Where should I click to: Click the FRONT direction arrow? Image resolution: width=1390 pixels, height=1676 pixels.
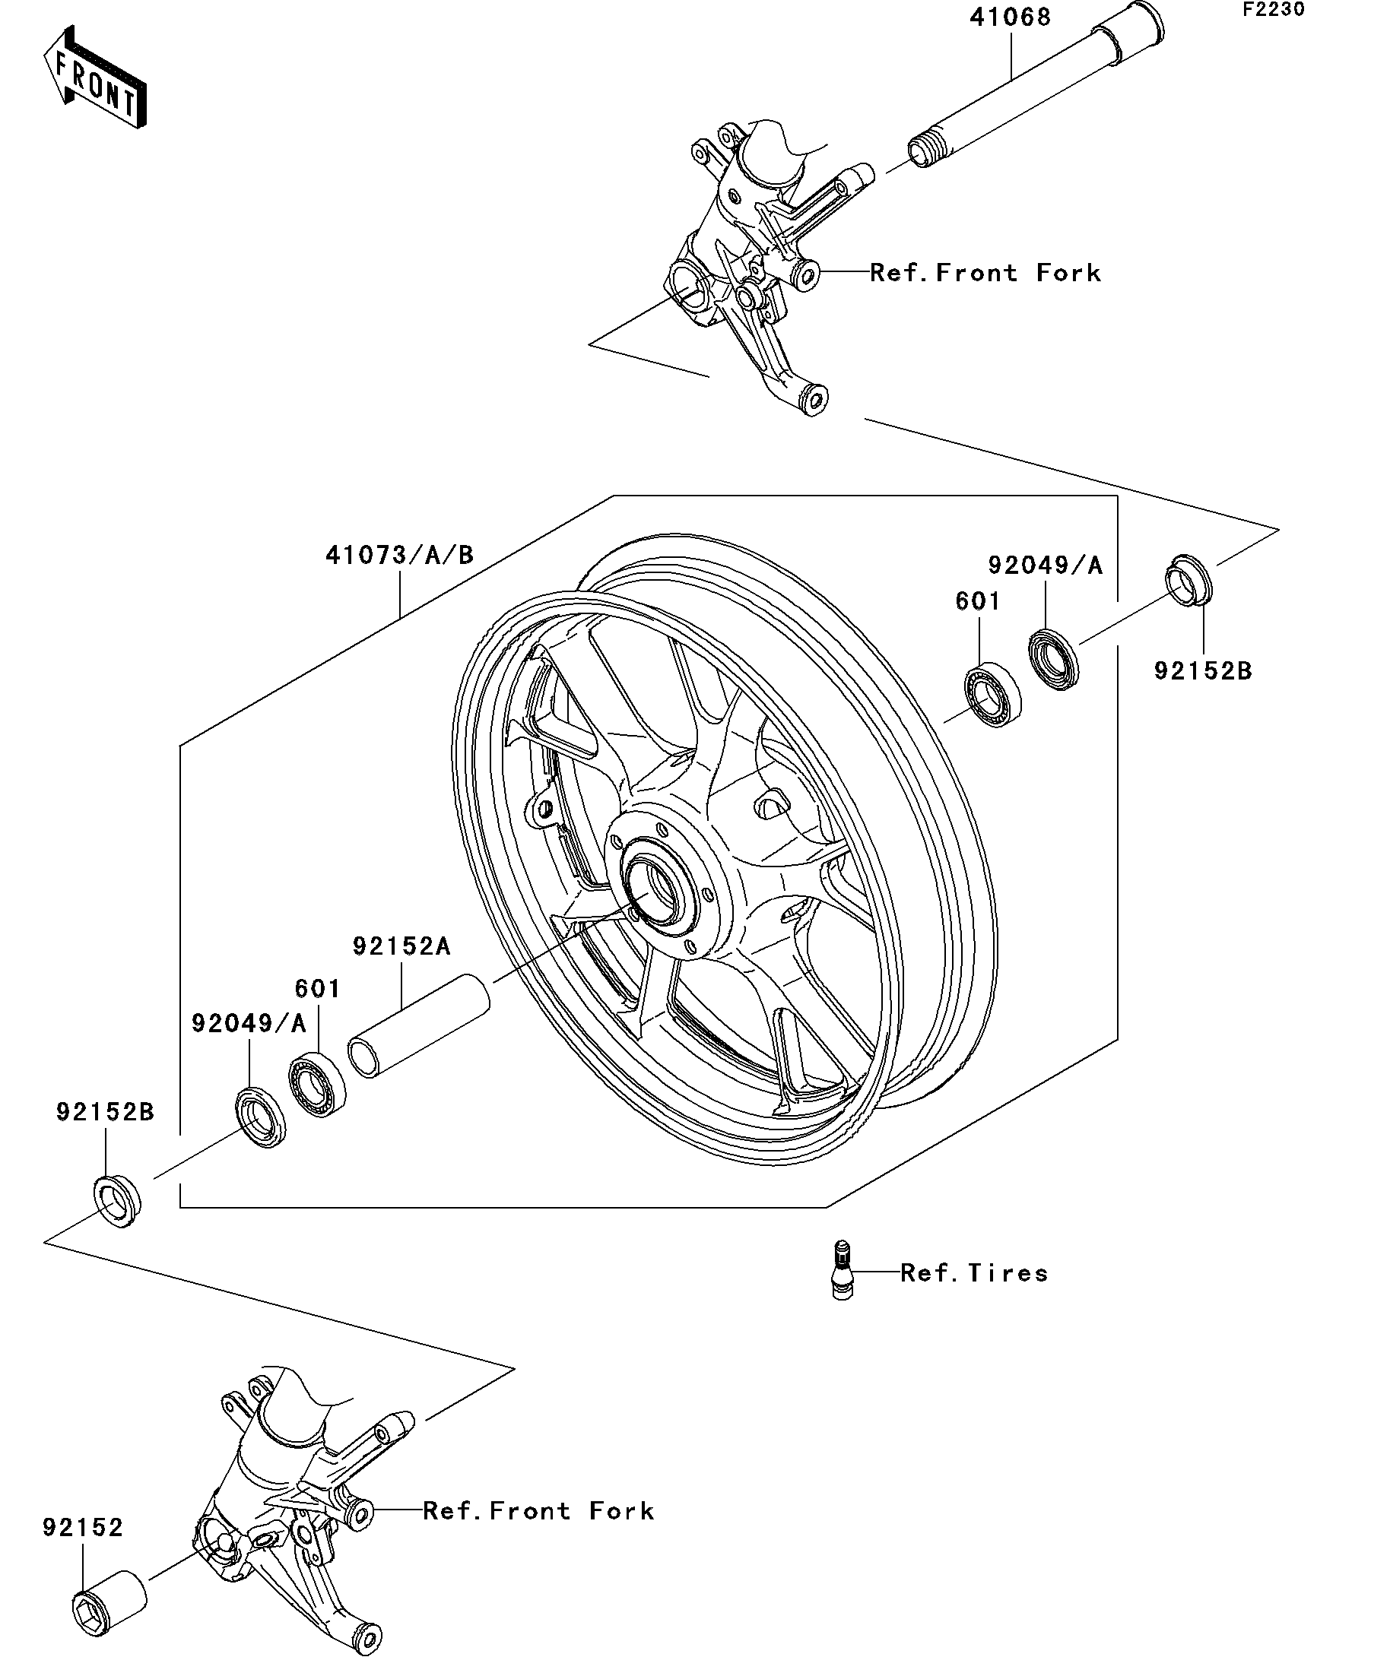(94, 79)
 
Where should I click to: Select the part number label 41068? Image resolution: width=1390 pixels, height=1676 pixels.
(1010, 17)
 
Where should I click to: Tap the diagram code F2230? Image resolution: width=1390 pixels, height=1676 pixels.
(1273, 10)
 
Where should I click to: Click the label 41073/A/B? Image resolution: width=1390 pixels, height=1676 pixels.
(399, 555)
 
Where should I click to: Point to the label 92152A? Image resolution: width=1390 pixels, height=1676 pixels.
(401, 946)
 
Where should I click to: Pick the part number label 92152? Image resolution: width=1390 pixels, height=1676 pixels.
(83, 1528)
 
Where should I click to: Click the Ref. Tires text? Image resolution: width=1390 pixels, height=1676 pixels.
(974, 1272)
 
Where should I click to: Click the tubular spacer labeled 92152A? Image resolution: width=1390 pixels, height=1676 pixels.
(419, 1026)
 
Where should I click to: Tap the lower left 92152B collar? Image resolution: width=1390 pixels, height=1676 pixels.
(118, 1199)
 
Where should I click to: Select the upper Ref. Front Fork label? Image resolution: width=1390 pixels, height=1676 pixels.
(985, 273)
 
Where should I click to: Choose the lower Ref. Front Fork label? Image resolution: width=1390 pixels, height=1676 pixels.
(538, 1511)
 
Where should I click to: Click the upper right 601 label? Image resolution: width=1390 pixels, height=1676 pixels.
(977, 602)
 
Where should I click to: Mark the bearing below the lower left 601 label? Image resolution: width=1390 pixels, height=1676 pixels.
(318, 1085)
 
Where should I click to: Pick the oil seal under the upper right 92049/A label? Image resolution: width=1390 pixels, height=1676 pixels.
(1053, 659)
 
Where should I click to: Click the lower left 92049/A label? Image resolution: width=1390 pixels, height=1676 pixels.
(249, 1024)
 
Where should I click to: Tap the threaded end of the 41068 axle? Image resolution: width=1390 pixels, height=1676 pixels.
(921, 153)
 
